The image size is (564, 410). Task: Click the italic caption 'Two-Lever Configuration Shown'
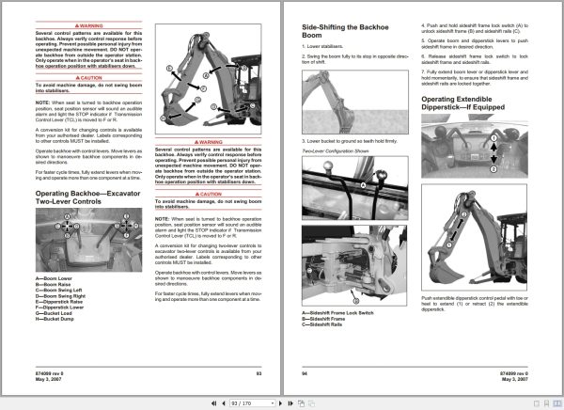click(x=334, y=98)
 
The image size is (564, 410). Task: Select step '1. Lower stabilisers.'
click(x=325, y=45)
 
